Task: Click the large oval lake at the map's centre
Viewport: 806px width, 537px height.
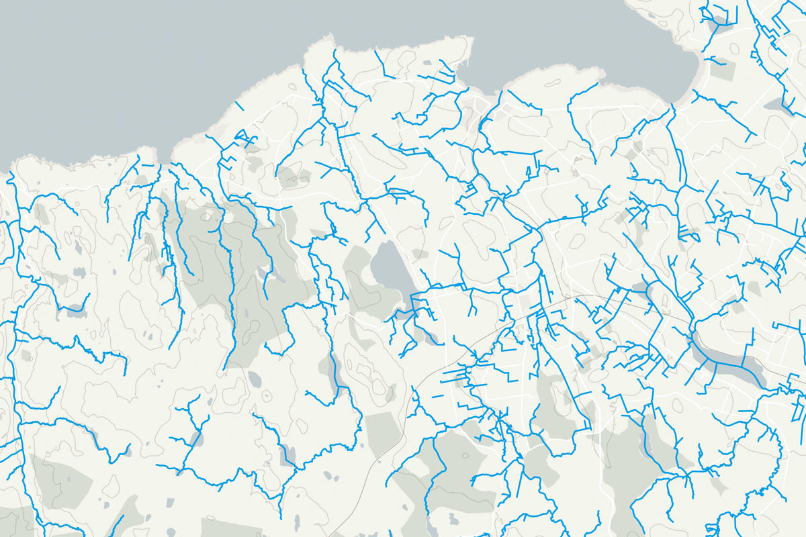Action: (389, 265)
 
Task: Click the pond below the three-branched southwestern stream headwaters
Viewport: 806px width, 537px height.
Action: (195, 440)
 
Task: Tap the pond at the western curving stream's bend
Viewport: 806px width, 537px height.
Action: (74, 310)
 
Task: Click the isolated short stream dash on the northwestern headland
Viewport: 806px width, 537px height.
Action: (239, 106)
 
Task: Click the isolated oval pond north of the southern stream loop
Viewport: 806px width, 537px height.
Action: (255, 380)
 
